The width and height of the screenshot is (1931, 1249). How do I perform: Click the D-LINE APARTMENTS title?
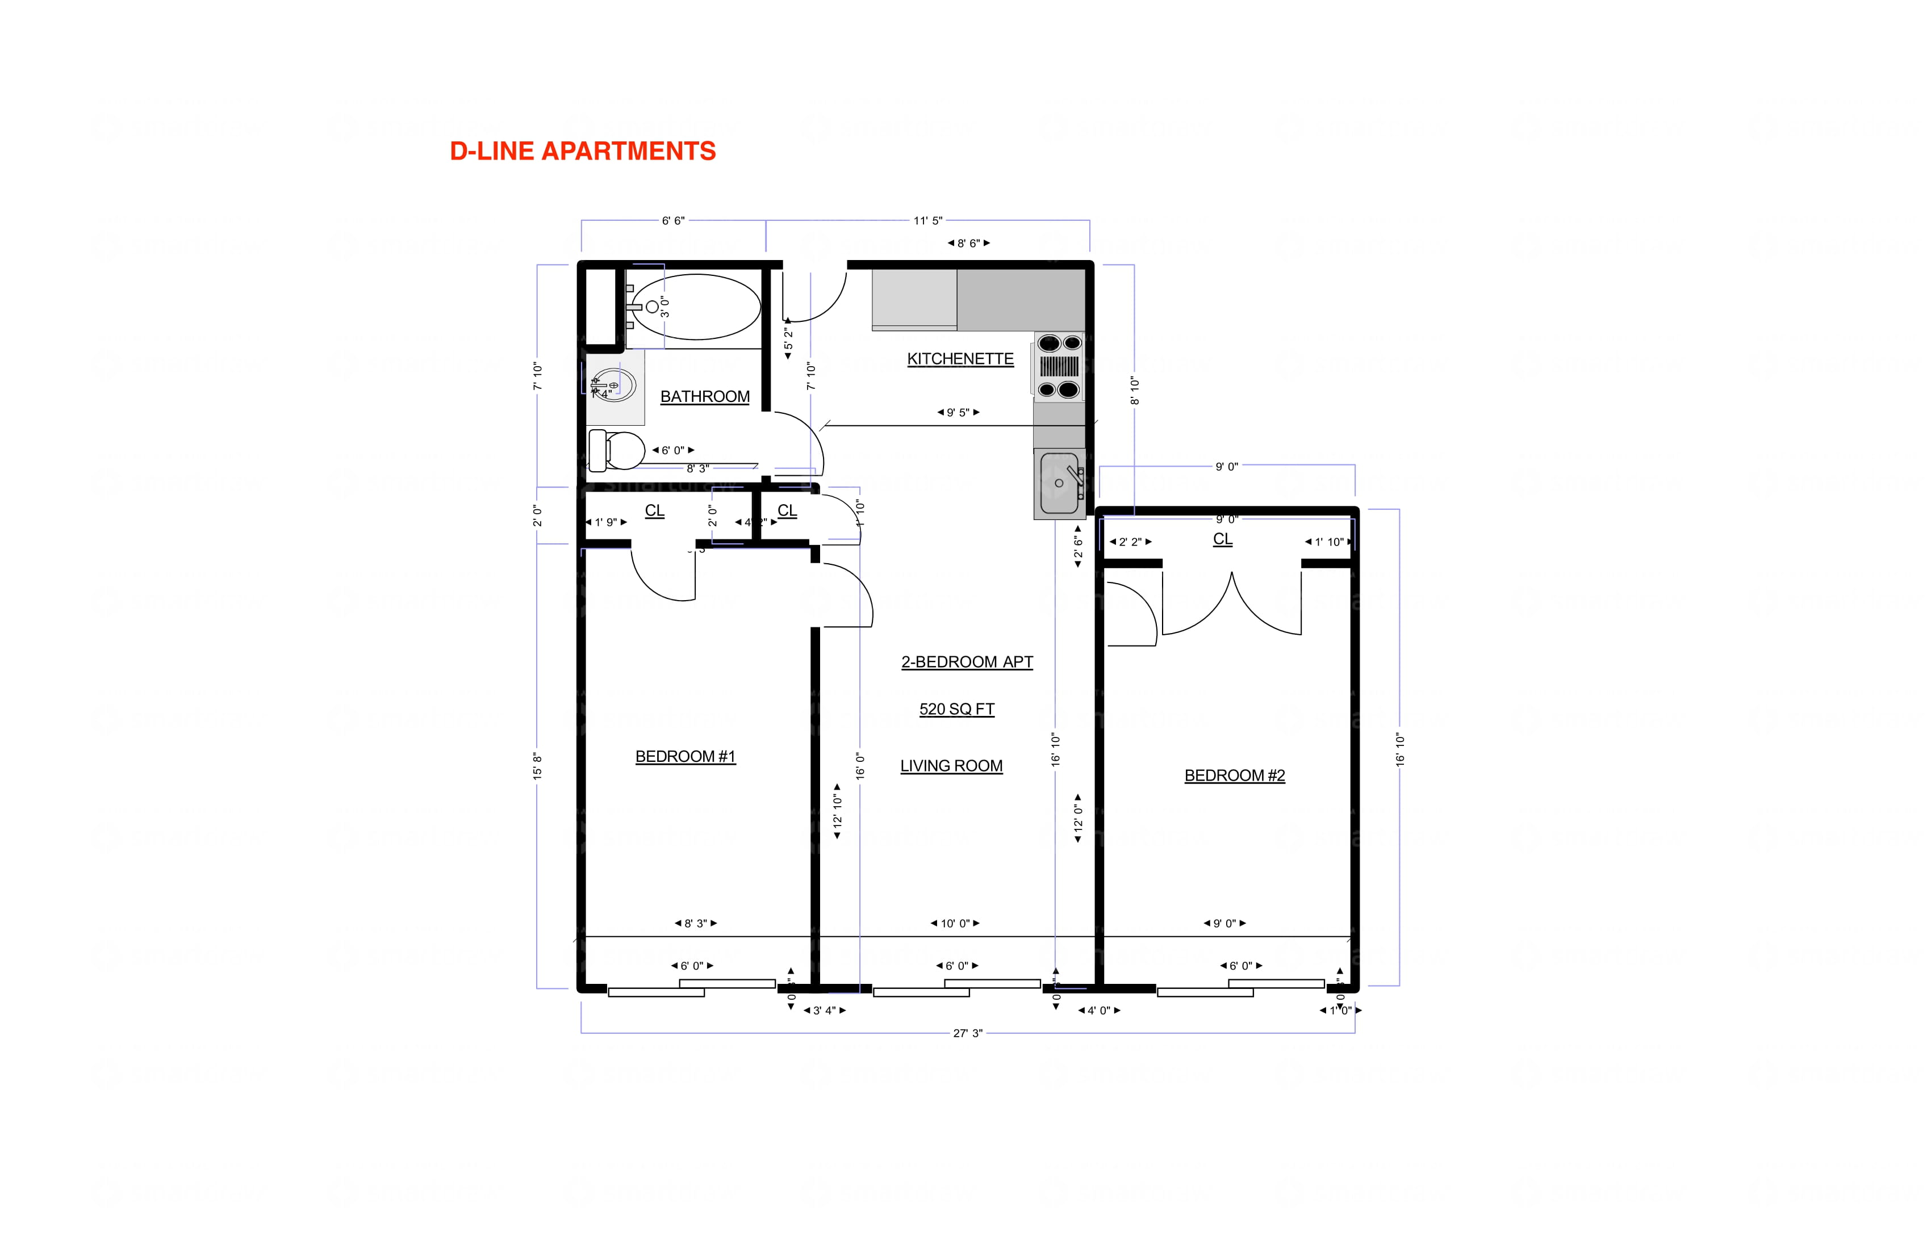click(583, 152)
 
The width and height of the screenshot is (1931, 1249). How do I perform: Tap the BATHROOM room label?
click(704, 397)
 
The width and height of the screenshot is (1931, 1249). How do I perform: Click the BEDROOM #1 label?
click(685, 757)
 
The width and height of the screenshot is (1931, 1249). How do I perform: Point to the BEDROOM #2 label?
click(1234, 776)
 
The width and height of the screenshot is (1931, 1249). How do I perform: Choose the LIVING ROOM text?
click(951, 766)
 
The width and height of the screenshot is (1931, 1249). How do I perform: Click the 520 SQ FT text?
click(956, 709)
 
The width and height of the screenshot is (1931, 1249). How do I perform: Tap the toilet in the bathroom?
click(617, 450)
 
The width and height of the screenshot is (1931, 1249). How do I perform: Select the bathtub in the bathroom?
click(695, 307)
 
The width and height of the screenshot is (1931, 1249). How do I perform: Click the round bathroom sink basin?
click(614, 385)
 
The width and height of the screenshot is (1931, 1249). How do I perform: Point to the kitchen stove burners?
click(1059, 367)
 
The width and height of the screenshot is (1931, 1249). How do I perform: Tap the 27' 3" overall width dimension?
click(967, 1033)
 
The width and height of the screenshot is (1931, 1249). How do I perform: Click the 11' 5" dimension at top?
click(927, 221)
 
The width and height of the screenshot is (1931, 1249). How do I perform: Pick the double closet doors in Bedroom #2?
click(1232, 604)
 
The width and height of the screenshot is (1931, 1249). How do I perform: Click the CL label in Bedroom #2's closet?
click(1222, 539)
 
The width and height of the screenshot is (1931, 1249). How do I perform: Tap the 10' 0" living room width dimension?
click(955, 923)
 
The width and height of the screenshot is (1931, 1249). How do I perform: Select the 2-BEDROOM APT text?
click(966, 662)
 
